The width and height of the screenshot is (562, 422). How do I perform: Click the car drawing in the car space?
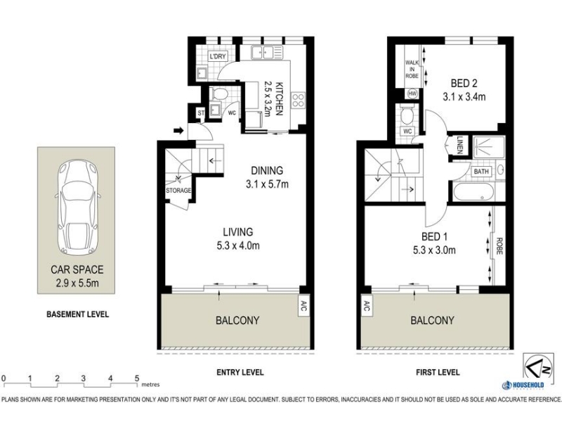coord(77,207)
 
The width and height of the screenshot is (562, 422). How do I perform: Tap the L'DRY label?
coord(218,56)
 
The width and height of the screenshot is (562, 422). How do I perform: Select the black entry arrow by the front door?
coord(178,131)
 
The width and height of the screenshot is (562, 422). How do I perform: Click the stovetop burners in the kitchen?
coord(298,100)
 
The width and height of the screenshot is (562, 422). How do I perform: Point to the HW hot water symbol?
coord(412,94)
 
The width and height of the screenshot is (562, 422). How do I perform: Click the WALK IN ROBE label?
coord(412,69)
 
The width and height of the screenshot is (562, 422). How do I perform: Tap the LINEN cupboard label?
coord(460,145)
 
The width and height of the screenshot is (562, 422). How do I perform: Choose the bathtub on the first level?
coord(473,191)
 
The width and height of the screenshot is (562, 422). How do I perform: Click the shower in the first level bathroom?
coord(488,147)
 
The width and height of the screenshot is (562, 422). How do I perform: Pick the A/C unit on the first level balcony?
coord(367,306)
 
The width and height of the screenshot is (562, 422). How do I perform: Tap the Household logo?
coord(523,385)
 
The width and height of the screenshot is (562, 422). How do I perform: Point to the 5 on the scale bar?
coord(137,378)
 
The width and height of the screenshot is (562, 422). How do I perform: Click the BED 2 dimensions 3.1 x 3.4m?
coord(464,96)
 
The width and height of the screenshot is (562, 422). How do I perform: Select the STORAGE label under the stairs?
coord(178,191)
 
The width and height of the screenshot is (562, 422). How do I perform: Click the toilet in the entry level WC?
coord(219,94)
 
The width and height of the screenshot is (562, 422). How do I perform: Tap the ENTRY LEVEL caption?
coord(240,373)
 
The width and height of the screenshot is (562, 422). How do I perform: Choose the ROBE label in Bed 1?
coord(499,246)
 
